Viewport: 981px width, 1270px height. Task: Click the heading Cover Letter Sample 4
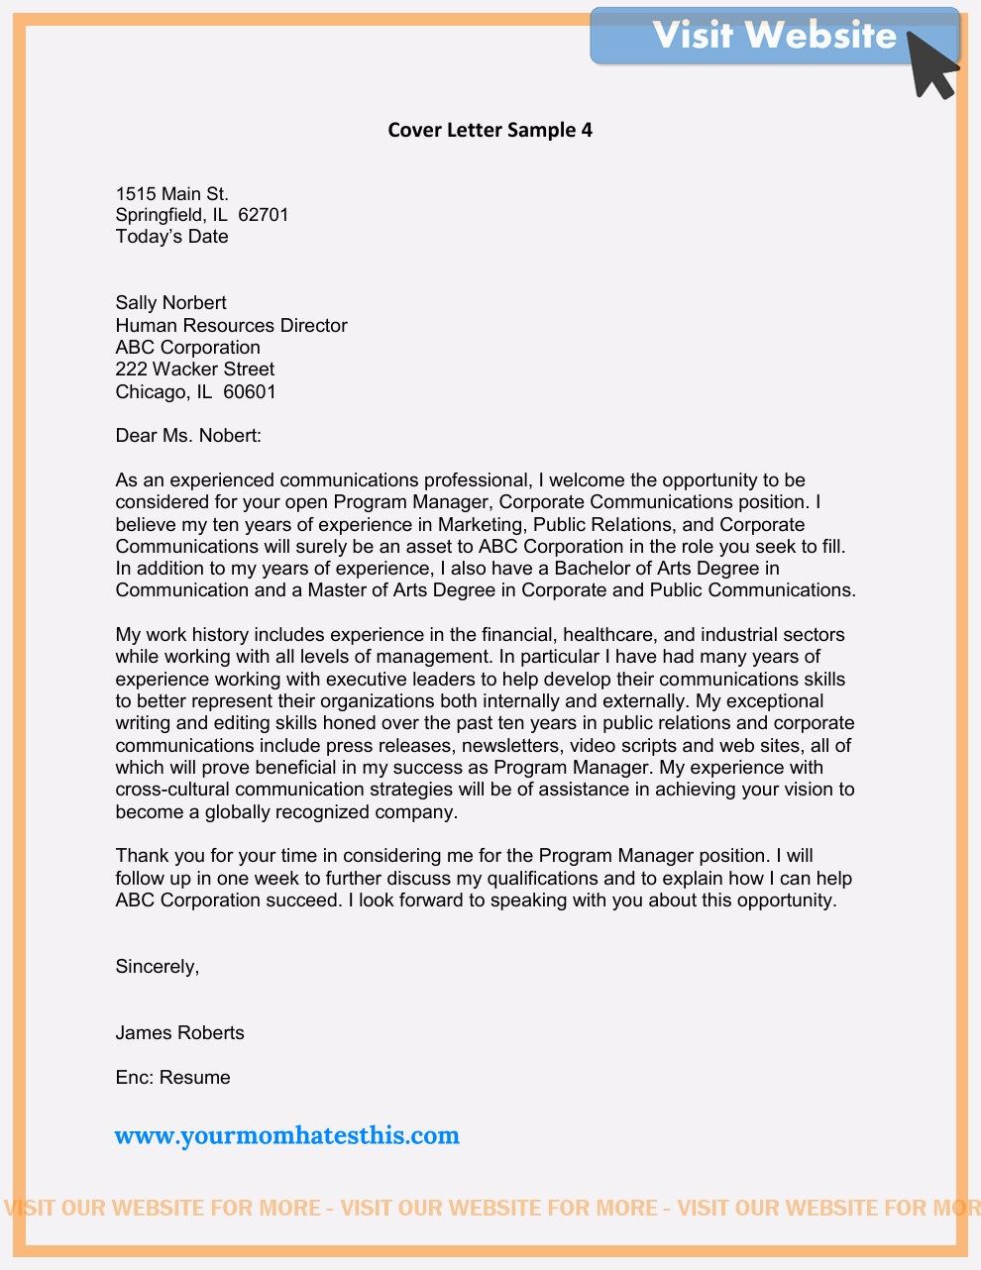click(490, 130)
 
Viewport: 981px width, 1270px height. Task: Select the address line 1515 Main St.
click(171, 194)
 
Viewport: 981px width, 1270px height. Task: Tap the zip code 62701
click(264, 215)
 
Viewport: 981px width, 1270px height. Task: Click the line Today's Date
click(171, 237)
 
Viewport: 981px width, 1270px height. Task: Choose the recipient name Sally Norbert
click(170, 303)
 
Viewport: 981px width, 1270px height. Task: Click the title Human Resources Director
click(231, 325)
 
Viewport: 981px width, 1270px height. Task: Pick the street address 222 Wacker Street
click(194, 370)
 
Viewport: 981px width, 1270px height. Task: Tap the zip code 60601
click(250, 392)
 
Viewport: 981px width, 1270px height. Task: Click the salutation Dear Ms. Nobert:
click(188, 436)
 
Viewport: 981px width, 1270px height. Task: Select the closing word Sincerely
click(157, 967)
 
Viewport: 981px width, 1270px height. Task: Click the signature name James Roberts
click(179, 1033)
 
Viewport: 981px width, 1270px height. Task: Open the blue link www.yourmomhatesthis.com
click(287, 1135)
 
